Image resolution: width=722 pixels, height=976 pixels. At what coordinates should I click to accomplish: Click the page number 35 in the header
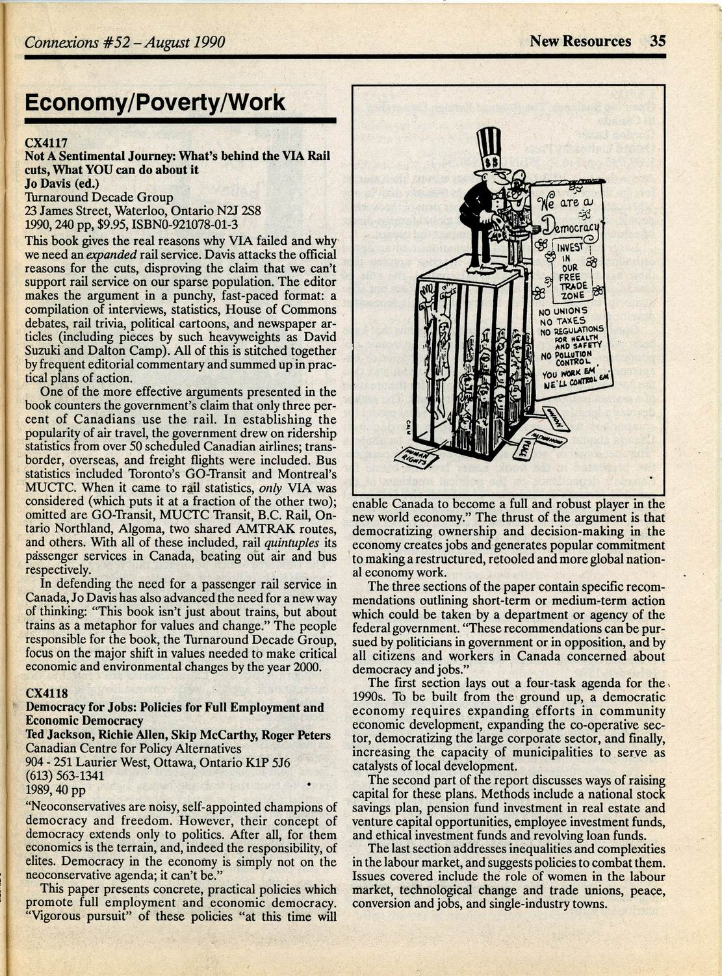click(658, 41)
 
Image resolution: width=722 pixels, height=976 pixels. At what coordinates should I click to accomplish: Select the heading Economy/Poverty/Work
click(155, 103)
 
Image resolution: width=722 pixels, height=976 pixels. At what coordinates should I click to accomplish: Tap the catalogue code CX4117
click(46, 142)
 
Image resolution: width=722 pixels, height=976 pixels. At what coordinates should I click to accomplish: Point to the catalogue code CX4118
click(46, 693)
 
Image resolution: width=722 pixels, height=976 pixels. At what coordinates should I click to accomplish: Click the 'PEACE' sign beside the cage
click(524, 449)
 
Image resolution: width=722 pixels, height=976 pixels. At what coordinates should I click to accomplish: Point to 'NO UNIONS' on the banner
click(563, 311)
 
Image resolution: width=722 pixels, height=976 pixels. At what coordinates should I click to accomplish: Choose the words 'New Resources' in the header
click(580, 41)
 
